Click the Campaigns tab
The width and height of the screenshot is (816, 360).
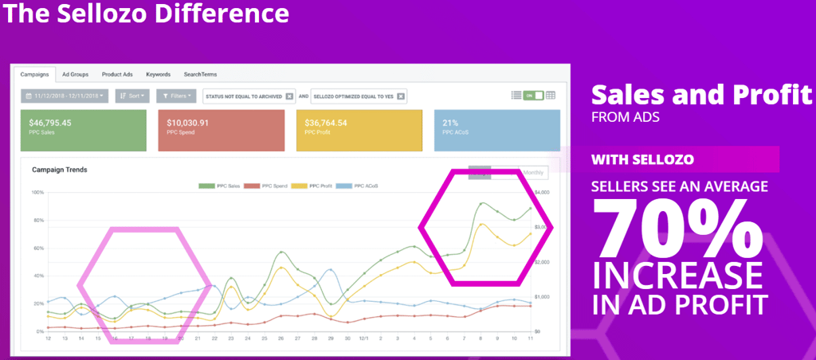point(35,74)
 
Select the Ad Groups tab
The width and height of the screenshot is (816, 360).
point(75,74)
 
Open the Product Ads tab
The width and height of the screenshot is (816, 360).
point(117,74)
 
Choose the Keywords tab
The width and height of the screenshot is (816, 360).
point(158,74)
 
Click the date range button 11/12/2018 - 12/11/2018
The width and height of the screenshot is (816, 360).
point(65,96)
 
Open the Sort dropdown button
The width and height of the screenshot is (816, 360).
point(133,96)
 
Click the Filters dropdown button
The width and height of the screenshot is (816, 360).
point(175,96)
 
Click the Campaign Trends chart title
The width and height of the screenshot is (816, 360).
point(59,170)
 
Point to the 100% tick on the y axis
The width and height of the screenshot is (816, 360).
point(37,193)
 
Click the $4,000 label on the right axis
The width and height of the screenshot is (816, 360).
point(542,193)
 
